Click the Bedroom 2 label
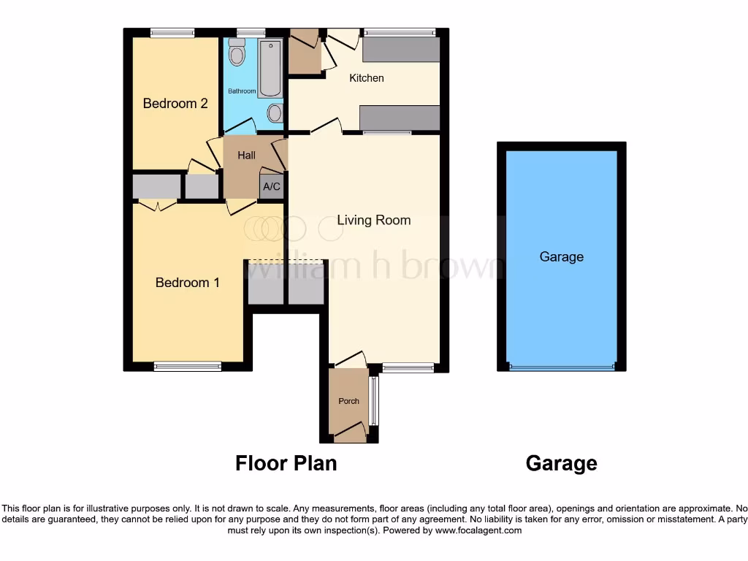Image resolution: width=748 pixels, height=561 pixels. [x=175, y=104]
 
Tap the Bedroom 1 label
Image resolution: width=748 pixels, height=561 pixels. [x=188, y=283]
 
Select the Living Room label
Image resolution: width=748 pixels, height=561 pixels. [x=373, y=220]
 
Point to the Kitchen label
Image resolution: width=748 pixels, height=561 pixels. [x=367, y=78]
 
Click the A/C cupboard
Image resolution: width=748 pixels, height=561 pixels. [x=272, y=186]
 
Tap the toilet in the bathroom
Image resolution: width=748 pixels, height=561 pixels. [x=237, y=52]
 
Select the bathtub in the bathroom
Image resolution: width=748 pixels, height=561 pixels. [x=270, y=68]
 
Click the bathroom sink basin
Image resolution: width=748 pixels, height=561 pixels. [x=275, y=112]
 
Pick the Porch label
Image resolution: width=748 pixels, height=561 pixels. [x=349, y=401]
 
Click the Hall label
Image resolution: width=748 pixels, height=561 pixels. [x=247, y=156]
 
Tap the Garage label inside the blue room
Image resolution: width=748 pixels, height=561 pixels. [x=562, y=257]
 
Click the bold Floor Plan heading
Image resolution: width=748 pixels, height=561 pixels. [x=286, y=463]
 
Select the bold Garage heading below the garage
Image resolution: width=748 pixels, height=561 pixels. [x=562, y=463]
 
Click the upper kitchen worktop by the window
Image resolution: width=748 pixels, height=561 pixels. [x=401, y=49]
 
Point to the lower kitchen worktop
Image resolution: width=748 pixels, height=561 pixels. [x=400, y=118]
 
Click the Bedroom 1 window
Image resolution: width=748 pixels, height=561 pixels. [x=188, y=367]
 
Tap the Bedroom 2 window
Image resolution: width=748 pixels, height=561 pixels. [x=173, y=32]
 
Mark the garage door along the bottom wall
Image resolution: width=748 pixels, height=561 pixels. [x=562, y=367]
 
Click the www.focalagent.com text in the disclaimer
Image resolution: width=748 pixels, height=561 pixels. [x=479, y=531]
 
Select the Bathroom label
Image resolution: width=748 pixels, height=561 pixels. [x=242, y=91]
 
